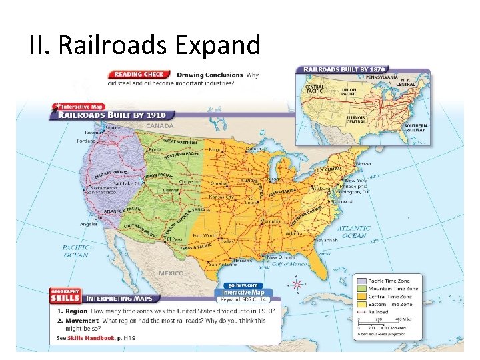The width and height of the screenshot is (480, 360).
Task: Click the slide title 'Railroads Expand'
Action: (x=145, y=45)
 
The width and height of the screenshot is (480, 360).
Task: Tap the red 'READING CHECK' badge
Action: (x=139, y=75)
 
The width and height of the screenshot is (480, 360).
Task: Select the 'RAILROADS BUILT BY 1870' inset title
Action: (x=345, y=69)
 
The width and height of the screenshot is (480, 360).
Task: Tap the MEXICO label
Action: (x=171, y=273)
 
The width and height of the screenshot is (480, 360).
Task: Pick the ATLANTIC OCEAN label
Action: (x=353, y=231)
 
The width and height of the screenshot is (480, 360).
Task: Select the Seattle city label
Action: (x=113, y=128)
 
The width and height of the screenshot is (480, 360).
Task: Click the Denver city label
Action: (x=171, y=189)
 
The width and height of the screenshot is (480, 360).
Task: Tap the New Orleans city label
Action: (x=281, y=257)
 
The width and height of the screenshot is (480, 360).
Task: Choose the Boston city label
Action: (x=363, y=163)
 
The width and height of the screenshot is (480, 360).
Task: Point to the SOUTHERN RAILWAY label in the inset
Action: (x=415, y=128)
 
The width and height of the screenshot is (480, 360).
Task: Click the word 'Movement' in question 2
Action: (x=79, y=320)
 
